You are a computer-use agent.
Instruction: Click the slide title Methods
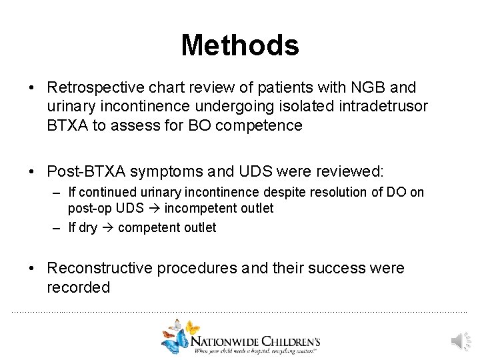(x=240, y=45)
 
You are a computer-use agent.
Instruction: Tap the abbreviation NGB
(x=368, y=87)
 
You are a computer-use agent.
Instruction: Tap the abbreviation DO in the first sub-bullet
(x=393, y=193)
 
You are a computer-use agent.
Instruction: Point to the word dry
(x=88, y=227)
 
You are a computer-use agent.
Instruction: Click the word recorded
(x=78, y=287)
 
